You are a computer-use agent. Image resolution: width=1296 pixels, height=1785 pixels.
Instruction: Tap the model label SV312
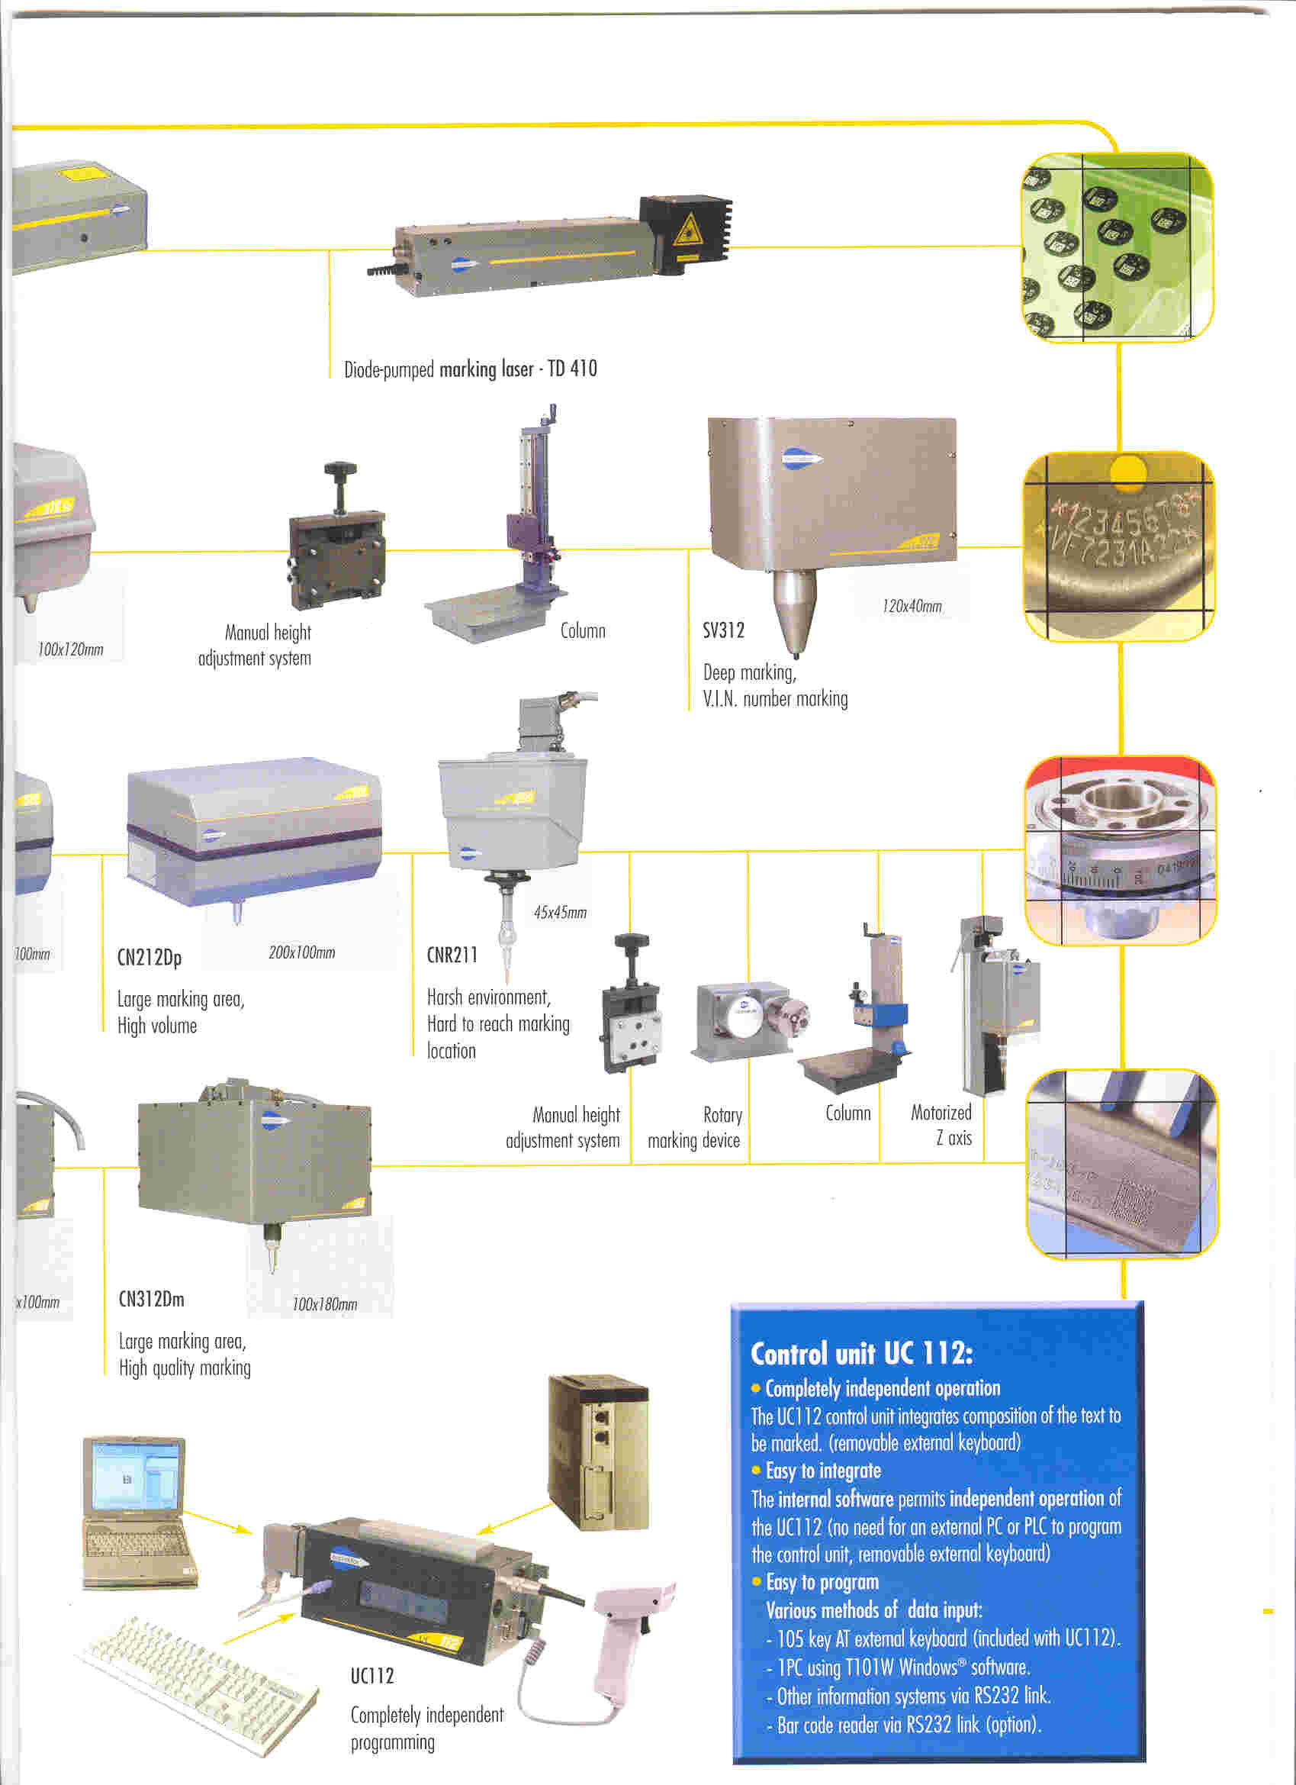pos(723,630)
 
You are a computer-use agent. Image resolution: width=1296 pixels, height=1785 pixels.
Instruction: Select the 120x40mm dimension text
pos(912,606)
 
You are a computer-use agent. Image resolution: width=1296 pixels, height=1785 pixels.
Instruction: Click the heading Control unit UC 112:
pos(862,1353)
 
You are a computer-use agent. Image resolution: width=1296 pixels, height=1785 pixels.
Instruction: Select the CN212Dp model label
pos(150,958)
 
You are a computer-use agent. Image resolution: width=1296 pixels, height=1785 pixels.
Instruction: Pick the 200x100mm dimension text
pos(301,952)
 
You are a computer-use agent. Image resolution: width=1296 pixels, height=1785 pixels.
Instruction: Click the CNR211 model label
pos(452,955)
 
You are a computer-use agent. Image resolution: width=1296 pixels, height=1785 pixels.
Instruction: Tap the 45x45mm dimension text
pos(559,912)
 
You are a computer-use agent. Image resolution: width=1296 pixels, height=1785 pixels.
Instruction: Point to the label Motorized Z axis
pos(942,1125)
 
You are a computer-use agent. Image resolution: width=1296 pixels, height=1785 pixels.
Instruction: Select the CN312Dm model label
pos(151,1299)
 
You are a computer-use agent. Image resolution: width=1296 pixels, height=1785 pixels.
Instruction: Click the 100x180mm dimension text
pos(324,1304)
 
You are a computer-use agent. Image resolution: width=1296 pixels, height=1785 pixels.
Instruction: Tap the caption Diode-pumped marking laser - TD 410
pos(470,369)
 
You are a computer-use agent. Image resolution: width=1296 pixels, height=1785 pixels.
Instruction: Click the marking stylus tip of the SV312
pos(796,653)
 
